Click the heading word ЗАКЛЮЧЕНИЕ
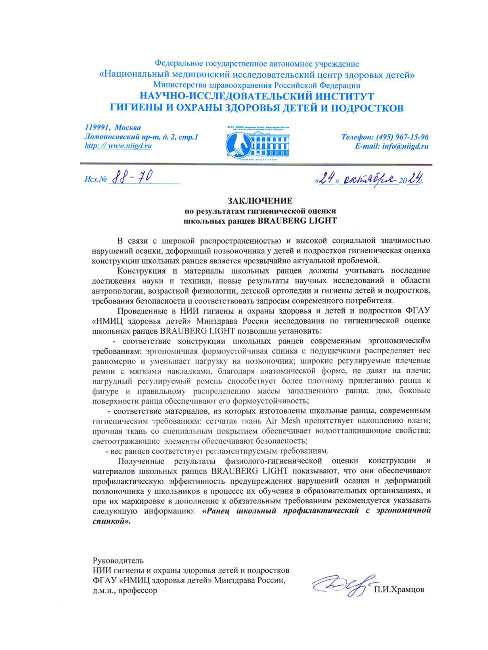260,201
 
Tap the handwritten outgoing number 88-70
132,177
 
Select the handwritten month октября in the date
369,179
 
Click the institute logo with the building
258,142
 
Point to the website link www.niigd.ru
130,146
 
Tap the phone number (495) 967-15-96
402,137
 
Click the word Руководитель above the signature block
118,560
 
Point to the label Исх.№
96,179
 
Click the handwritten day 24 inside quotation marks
327,178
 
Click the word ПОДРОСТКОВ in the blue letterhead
367,108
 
